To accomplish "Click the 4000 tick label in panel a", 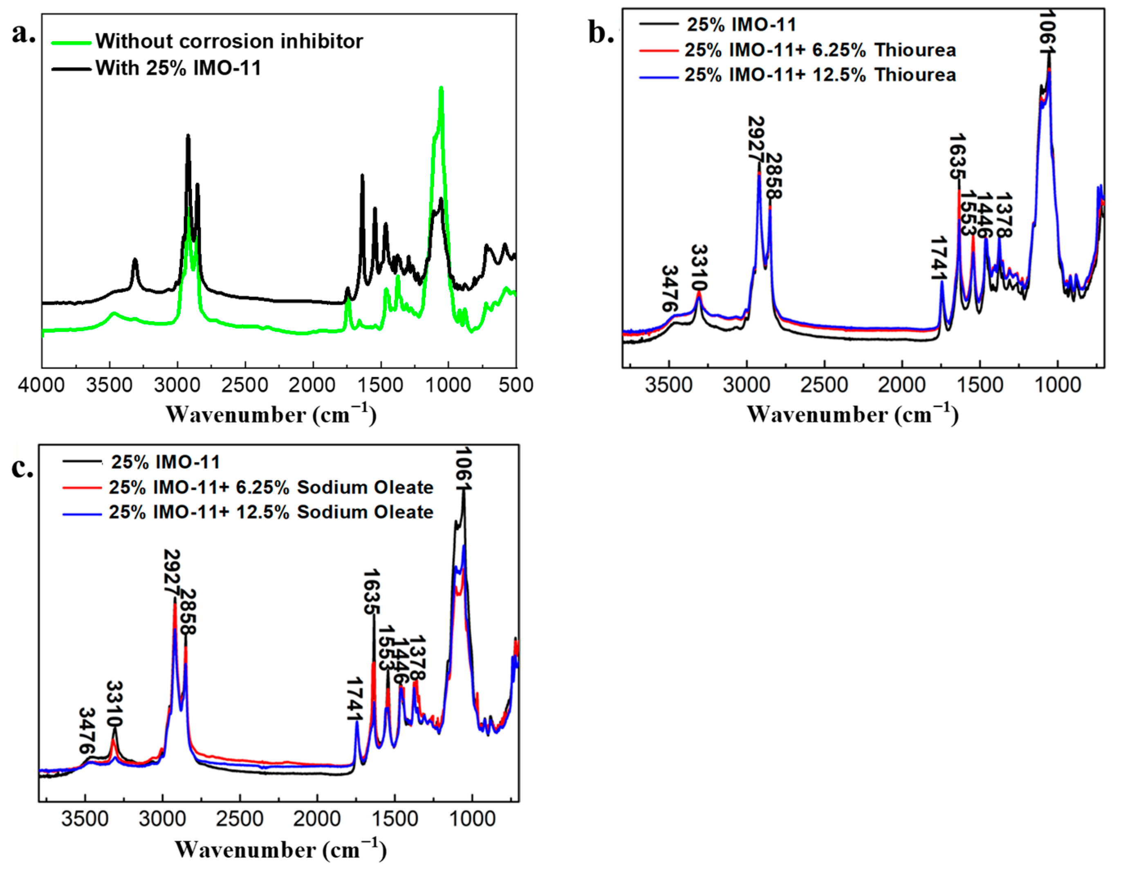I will click(x=41, y=385).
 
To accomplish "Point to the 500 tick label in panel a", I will click(x=516, y=385).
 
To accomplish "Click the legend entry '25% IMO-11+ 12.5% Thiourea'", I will click(x=820, y=75).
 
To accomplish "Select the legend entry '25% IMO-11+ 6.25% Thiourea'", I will click(x=820, y=50).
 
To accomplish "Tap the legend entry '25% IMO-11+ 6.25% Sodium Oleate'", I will click(x=271, y=487).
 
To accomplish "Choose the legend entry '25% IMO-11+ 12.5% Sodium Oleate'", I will click(x=271, y=512).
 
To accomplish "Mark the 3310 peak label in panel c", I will click(x=114, y=704).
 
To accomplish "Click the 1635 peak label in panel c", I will click(x=371, y=592).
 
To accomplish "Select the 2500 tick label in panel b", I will click(x=824, y=385).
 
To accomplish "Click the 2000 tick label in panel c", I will click(x=317, y=819).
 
